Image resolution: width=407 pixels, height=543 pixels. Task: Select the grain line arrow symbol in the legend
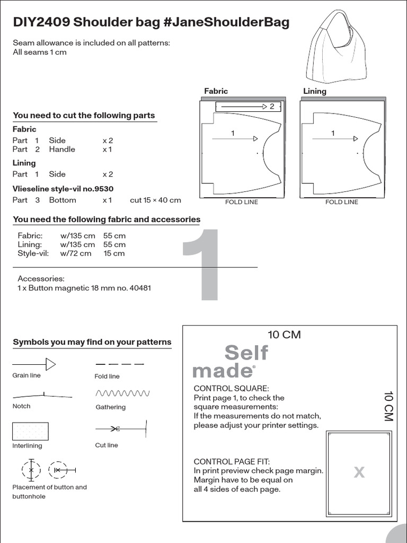(x=34, y=364)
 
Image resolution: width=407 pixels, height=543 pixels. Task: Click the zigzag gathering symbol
(x=122, y=393)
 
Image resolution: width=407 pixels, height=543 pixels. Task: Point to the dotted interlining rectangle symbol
(x=30, y=431)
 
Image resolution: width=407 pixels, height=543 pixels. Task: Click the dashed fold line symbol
(x=120, y=364)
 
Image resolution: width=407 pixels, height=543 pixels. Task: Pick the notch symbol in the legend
(x=42, y=395)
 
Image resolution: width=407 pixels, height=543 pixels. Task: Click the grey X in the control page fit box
(x=359, y=472)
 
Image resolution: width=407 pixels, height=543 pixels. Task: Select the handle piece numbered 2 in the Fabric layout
(x=246, y=107)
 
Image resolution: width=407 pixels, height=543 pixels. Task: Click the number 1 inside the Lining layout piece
(x=333, y=134)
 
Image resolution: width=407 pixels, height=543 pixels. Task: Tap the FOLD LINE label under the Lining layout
(x=341, y=202)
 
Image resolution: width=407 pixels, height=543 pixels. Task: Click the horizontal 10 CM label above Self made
(x=284, y=335)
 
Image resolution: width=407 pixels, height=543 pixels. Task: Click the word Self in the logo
(x=246, y=353)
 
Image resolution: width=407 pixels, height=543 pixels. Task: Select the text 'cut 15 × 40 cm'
(x=155, y=200)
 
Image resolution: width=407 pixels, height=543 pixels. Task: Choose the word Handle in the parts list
(x=62, y=149)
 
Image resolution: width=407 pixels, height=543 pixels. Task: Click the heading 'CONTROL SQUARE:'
(x=231, y=388)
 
